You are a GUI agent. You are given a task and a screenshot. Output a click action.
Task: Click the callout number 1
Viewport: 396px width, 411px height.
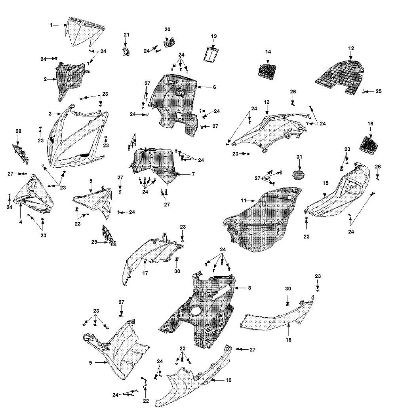tap(51, 25)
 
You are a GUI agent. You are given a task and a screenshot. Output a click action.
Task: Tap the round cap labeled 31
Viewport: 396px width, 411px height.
tap(299, 174)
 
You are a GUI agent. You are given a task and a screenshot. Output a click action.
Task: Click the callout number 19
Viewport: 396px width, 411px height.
tap(213, 36)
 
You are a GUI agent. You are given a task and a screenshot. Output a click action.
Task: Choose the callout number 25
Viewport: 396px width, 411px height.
tap(379, 91)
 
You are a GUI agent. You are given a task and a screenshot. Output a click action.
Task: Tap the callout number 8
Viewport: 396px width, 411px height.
tap(249, 288)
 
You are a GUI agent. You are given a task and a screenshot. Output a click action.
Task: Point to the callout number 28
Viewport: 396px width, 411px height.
tap(18, 131)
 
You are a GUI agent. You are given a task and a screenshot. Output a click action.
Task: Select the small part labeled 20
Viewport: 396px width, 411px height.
tap(169, 42)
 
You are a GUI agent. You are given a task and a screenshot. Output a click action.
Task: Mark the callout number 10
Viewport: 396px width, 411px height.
tap(228, 380)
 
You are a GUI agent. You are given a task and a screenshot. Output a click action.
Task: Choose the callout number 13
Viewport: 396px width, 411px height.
tap(267, 102)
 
